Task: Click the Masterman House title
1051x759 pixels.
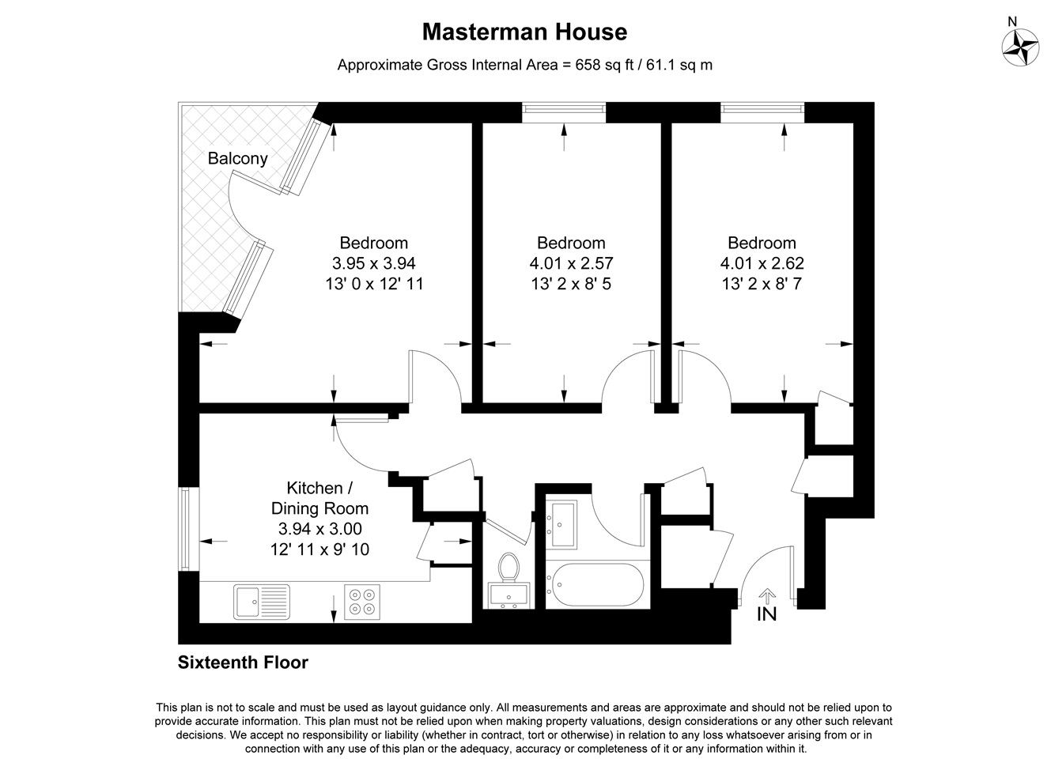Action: point(524,32)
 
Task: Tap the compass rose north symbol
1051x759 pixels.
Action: point(1020,46)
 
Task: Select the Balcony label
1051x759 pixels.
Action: point(237,158)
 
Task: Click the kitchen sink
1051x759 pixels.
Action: point(262,602)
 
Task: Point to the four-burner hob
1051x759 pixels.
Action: point(362,602)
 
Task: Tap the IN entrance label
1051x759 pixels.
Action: point(766,614)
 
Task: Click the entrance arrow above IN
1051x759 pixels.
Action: point(766,595)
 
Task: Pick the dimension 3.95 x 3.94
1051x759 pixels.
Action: point(374,263)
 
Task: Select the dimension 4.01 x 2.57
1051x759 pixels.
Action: point(571,263)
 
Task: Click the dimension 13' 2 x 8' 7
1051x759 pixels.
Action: point(762,283)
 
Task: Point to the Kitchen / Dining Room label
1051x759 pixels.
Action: point(319,498)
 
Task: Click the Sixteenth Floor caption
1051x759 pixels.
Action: point(243,663)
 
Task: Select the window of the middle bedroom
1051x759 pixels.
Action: point(564,112)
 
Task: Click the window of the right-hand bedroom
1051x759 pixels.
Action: point(762,112)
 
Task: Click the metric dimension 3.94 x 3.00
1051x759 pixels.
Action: point(319,529)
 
